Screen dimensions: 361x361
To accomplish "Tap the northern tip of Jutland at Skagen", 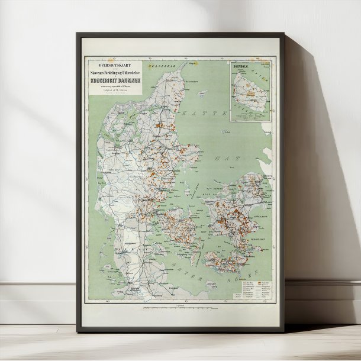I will tap(188, 63).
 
